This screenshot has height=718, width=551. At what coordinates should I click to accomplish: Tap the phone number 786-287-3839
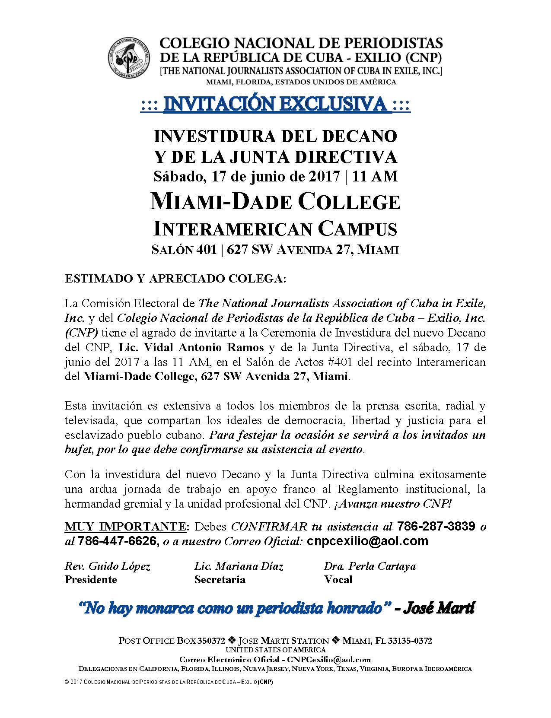pos(436,526)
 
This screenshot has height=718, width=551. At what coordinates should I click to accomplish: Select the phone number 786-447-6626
pos(117,541)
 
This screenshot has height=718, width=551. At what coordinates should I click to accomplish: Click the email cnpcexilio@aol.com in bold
pos(367,541)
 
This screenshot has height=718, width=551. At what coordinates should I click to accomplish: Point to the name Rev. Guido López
pos(108,566)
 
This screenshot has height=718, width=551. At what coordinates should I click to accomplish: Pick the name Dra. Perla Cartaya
pos(370,566)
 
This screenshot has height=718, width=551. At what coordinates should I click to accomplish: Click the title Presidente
pos(91,579)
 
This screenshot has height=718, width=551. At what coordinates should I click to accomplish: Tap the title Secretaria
pos(220,579)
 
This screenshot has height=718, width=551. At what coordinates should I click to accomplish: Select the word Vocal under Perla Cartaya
pos(338,579)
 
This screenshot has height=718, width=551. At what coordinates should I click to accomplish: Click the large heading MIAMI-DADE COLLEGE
pos(275,202)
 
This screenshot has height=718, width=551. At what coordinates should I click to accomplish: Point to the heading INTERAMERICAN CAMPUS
pos(275,229)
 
